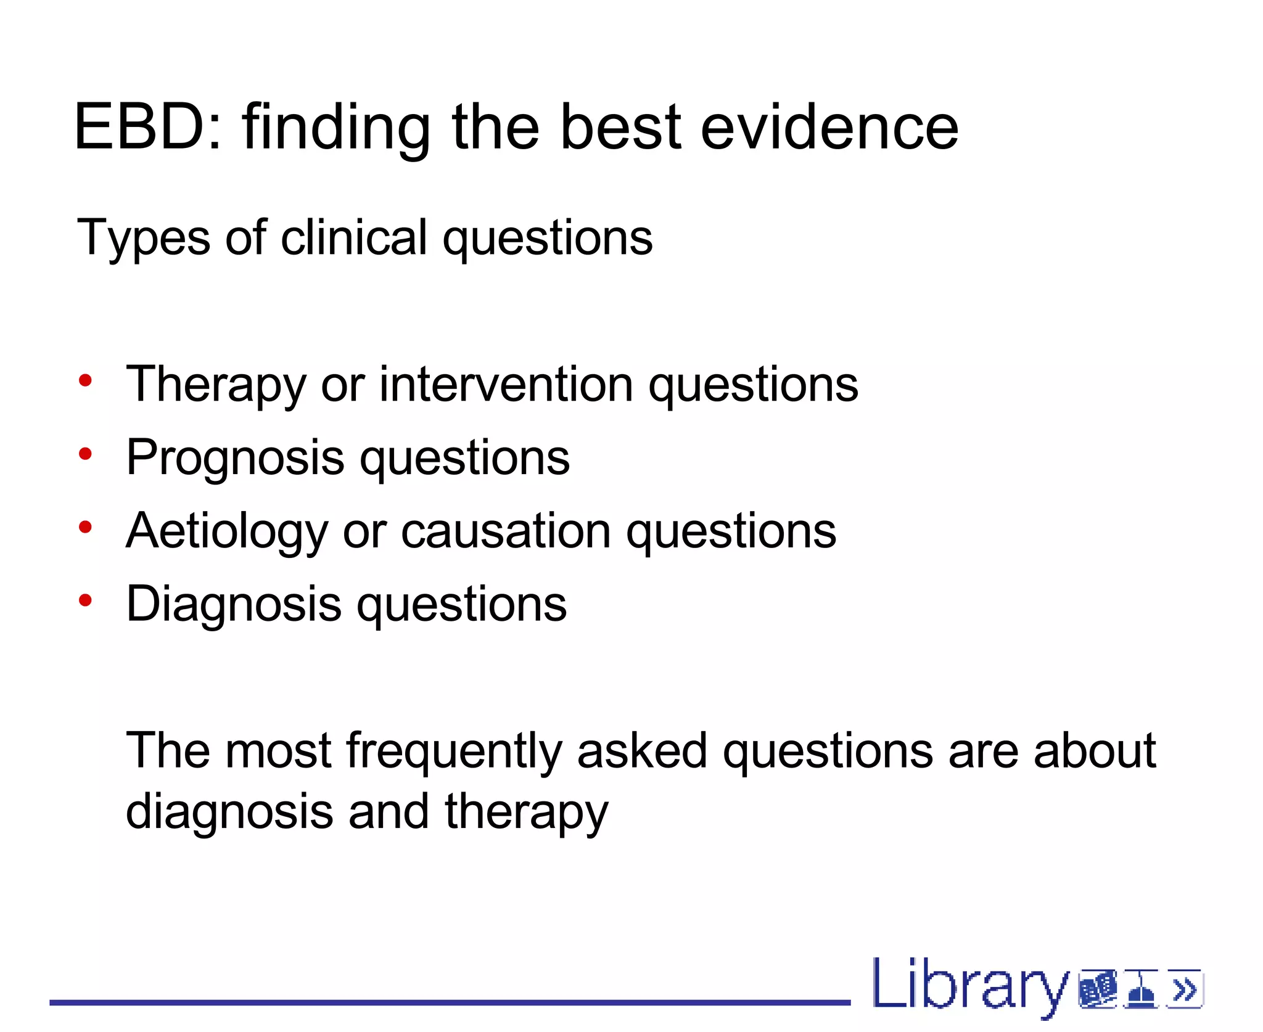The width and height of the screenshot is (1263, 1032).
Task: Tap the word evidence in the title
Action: pyautogui.click(x=829, y=127)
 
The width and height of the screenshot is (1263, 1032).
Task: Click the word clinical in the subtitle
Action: pyautogui.click(x=354, y=237)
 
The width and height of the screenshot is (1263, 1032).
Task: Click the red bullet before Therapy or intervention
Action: pyautogui.click(x=85, y=380)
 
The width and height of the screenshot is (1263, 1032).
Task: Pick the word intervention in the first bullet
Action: pyautogui.click(x=506, y=385)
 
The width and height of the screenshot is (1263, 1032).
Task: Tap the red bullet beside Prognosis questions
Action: pyautogui.click(x=85, y=454)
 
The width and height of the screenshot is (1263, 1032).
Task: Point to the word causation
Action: pyautogui.click(x=506, y=531)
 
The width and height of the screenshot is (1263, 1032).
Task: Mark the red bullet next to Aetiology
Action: pyautogui.click(x=85, y=527)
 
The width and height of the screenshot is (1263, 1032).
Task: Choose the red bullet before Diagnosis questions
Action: pyautogui.click(x=85, y=600)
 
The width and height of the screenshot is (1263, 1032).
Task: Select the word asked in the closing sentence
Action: pyautogui.click(x=642, y=750)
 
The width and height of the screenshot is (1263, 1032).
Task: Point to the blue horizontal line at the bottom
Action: pyautogui.click(x=450, y=1003)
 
